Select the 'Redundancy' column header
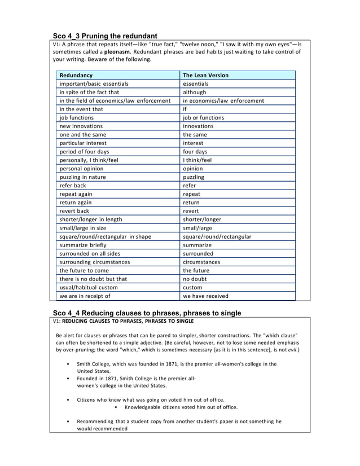(x=76, y=75)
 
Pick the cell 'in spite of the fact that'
(x=89, y=92)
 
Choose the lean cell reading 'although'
(x=195, y=92)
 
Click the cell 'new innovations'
(x=81, y=126)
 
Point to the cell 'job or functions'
(x=203, y=117)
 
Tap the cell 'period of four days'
(x=84, y=152)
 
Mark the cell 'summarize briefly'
(x=84, y=245)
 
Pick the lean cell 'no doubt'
(x=195, y=279)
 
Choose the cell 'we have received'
(x=205, y=296)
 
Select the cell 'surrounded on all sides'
(x=90, y=253)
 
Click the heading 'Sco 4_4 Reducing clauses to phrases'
(x=147, y=313)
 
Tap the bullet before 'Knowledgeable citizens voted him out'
(x=115, y=407)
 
